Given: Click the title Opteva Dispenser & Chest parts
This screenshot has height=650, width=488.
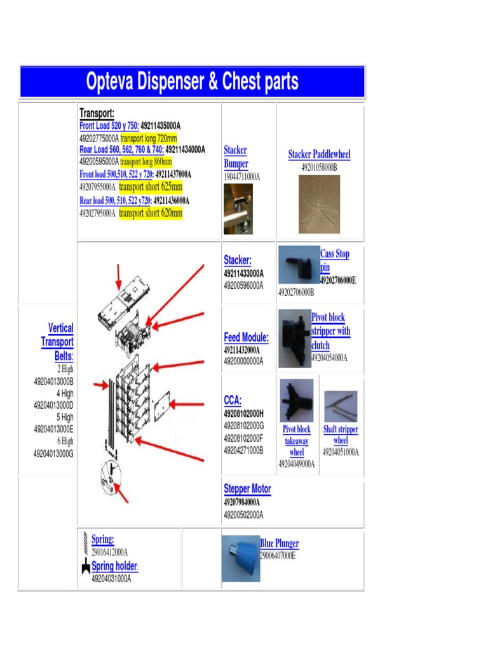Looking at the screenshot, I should (x=192, y=82).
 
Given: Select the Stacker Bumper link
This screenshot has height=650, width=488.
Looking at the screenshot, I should (x=235, y=157).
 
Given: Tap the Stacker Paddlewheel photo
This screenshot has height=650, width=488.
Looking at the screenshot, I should (x=319, y=204).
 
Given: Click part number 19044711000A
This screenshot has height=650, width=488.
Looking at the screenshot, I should (x=241, y=177).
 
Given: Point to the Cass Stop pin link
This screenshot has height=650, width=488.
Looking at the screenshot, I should (x=334, y=260).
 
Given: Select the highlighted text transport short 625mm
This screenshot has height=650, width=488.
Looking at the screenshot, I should (x=151, y=187).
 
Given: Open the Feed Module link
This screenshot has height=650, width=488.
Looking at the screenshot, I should (x=246, y=338).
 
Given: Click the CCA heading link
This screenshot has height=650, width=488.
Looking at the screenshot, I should (x=233, y=401).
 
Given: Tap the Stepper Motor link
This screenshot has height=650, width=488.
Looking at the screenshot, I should (x=247, y=489).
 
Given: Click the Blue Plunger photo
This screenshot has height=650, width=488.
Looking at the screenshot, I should (x=240, y=559).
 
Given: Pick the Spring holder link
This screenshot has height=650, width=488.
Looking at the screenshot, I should (x=114, y=566).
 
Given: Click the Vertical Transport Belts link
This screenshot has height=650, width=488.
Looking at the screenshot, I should (x=58, y=342).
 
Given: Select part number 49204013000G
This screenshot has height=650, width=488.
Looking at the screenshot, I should (x=53, y=454).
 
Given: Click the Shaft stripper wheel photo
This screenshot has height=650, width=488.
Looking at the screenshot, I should (x=341, y=406).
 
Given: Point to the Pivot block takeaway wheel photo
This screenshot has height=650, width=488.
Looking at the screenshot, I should (x=297, y=401).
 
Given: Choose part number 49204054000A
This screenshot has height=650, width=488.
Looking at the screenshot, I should (x=329, y=358).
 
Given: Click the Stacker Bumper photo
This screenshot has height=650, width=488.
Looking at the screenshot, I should (x=238, y=209).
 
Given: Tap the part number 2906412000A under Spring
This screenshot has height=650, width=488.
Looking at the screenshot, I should (x=109, y=552).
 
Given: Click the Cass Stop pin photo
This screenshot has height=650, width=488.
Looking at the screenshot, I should (x=299, y=265).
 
